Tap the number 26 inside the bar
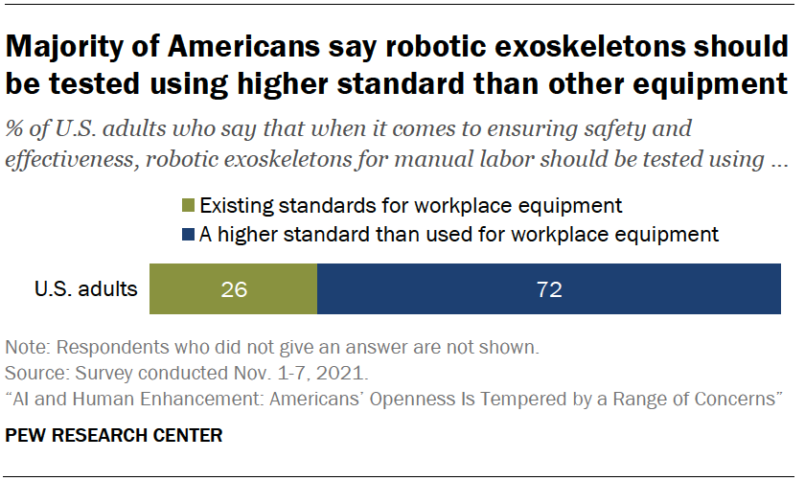pyautogui.click(x=233, y=289)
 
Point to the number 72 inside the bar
pyautogui.click(x=549, y=289)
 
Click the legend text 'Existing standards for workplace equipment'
pyautogui.click(x=410, y=205)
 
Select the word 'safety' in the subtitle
pyautogui.click(x=621, y=129)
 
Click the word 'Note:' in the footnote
pyautogui.click(x=26, y=345)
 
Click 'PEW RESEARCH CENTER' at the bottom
pyautogui.click(x=114, y=435)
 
